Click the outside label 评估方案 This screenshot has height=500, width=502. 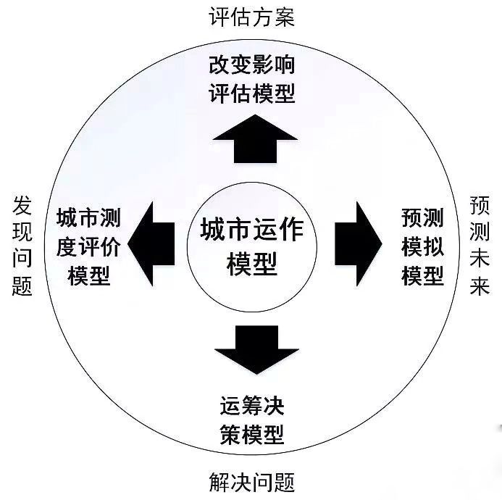tap(251, 17)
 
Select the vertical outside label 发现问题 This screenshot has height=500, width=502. tap(22, 246)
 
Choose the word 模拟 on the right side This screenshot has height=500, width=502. tap(422, 247)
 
